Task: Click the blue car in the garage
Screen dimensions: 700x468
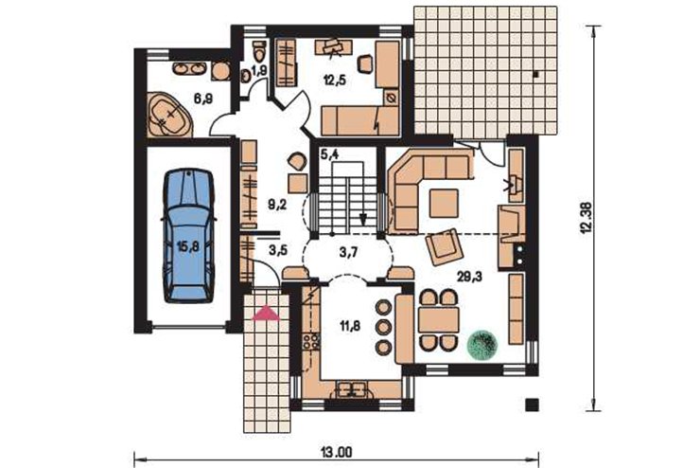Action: point(189,236)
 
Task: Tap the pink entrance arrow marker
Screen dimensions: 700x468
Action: point(266,314)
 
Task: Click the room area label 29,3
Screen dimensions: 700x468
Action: point(469,277)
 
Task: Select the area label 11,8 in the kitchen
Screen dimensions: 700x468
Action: point(350,326)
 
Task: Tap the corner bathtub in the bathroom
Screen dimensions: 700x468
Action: point(168,115)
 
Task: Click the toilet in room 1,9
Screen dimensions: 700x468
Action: point(259,52)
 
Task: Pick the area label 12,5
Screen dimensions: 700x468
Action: point(335,81)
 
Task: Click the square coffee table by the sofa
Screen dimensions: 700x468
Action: point(444,203)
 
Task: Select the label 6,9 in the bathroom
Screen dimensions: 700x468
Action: point(203,99)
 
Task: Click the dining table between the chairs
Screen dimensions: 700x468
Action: point(439,320)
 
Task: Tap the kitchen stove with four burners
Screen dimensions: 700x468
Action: point(311,341)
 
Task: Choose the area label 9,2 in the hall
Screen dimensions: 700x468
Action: point(277,205)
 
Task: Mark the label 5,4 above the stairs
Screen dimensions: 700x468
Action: point(330,154)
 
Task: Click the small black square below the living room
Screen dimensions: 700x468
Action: point(532,405)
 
